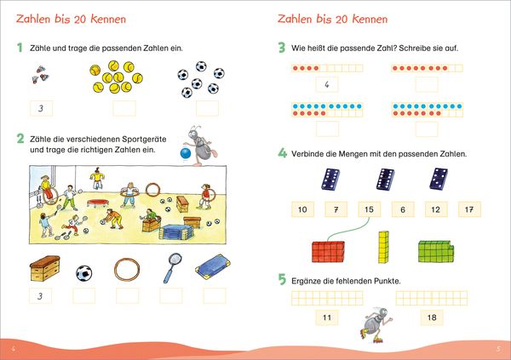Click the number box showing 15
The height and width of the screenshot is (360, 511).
pos(370,209)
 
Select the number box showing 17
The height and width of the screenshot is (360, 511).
pos(469,209)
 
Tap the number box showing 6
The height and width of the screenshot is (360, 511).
pos(403,209)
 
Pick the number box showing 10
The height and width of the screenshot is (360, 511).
pos(302,209)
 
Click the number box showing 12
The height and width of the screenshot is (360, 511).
pos(436,209)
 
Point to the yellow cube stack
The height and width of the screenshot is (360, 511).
pos(383,247)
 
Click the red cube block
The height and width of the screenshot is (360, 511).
pos(328,252)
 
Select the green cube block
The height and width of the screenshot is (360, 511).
pos(436,251)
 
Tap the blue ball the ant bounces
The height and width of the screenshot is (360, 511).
pos(186,153)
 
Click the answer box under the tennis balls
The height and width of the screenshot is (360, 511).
pos(124,108)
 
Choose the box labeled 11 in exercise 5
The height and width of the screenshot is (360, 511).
pos(327,317)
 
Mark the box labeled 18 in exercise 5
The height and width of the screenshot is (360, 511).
pos(432,317)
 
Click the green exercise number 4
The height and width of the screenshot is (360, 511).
pos(282,153)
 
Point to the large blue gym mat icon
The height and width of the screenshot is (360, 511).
pos(213,267)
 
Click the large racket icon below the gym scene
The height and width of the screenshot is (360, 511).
pos(172,268)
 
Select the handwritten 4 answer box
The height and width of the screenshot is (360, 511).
pos(327,85)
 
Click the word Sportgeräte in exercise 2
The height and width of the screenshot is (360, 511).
pos(144,139)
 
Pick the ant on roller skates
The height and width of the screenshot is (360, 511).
pos(376,324)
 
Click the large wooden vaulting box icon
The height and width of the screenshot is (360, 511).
pos(44,268)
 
